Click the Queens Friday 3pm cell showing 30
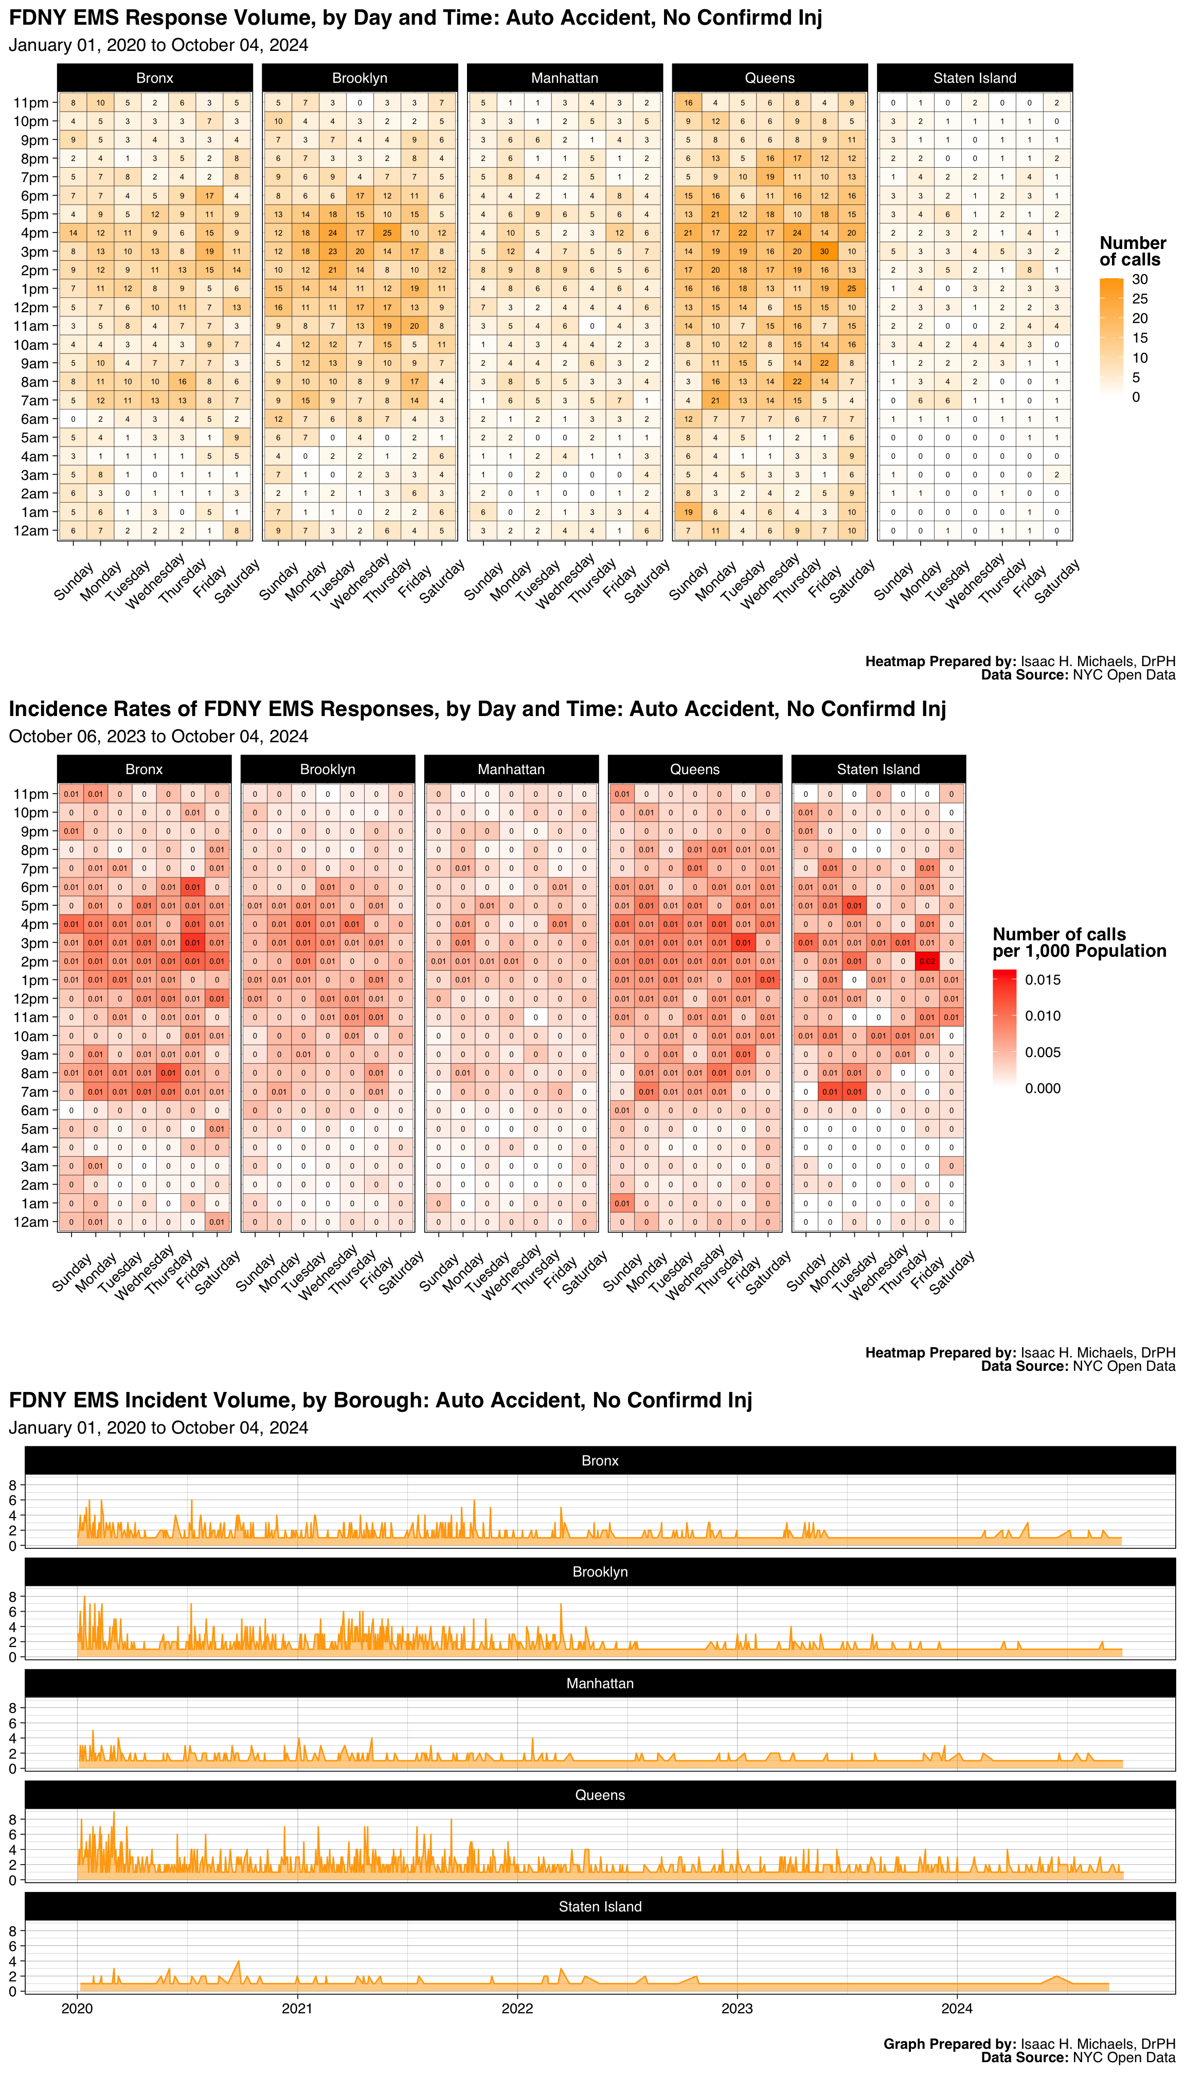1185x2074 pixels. pos(824,252)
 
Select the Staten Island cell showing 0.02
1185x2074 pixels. pos(927,961)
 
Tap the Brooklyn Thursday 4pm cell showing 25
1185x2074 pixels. pos(387,233)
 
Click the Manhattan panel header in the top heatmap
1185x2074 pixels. pos(565,78)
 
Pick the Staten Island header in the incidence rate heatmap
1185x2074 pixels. pos(878,769)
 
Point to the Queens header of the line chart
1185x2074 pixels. pos(600,1795)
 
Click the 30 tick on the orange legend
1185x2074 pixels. pos(1139,279)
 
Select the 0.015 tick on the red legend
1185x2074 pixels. pos(1043,980)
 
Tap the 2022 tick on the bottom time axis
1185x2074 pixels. pos(517,2008)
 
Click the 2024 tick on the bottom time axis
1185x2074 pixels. pos(957,2008)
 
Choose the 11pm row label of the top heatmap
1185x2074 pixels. pos(31,102)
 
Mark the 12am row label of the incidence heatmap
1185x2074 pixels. pos(31,1222)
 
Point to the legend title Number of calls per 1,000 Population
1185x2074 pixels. pos(1079,942)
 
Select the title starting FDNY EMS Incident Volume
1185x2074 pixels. pos(380,1400)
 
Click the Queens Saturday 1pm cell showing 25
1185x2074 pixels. pos(851,288)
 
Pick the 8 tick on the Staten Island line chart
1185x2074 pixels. pos(12,1930)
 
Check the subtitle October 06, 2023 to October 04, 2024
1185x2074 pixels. pos(159,737)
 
